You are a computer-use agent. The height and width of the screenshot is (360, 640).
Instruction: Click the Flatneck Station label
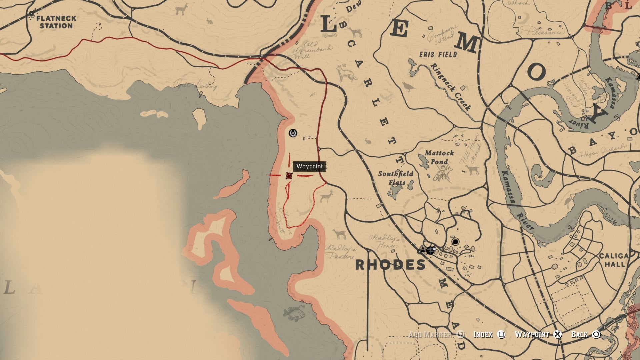[56, 22]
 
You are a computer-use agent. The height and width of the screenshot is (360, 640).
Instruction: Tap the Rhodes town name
[390, 265]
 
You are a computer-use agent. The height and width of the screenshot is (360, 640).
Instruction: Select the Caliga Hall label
[614, 260]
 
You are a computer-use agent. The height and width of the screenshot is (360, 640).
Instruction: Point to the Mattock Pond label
[439, 157]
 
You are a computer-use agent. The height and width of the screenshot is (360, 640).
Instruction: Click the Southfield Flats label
[396, 178]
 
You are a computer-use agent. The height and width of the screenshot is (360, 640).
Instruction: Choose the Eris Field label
[438, 54]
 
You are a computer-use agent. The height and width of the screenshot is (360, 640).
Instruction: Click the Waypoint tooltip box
[309, 166]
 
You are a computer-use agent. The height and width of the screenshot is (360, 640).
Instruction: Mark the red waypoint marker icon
[289, 176]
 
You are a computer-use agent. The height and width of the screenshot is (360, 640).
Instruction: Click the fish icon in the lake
[294, 313]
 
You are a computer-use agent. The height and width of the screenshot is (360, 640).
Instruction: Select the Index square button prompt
[501, 334]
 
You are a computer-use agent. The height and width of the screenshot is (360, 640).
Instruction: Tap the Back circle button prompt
[596, 334]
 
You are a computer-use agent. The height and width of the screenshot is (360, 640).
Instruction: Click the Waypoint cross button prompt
[557, 334]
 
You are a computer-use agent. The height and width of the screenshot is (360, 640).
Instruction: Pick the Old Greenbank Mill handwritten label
[312, 50]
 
